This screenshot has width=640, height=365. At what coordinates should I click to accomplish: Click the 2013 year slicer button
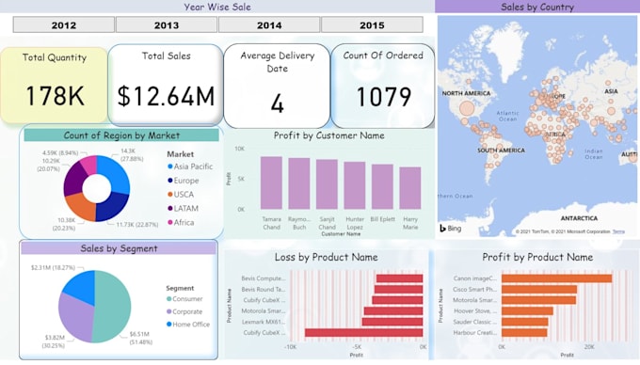point(167,25)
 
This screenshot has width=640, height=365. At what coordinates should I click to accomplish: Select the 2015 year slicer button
point(371,25)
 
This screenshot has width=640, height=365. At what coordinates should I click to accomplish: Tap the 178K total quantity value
point(54,96)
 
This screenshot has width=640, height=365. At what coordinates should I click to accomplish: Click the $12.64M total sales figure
point(166,96)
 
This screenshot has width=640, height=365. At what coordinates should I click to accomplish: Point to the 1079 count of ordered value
point(383,96)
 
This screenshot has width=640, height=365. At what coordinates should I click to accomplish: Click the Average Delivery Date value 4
point(277,103)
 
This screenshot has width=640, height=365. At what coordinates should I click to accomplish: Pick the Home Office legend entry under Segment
point(192,325)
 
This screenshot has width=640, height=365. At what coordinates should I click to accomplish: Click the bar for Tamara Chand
point(271,182)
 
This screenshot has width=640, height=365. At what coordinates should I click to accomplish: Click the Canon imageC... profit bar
point(556,278)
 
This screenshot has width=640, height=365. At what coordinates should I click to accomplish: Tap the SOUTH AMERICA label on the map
point(500,150)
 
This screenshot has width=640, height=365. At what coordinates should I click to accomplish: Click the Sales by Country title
point(537,7)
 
